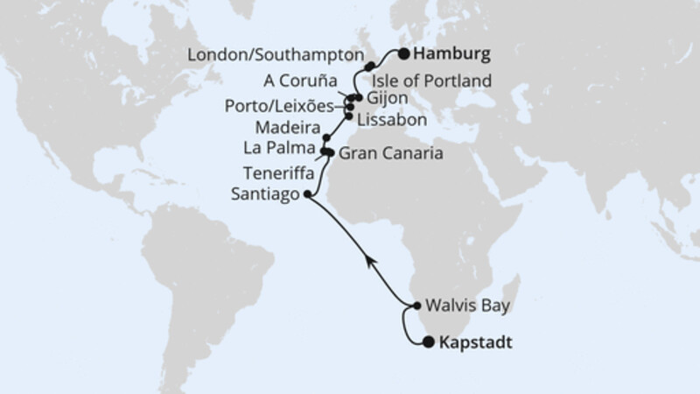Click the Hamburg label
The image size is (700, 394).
click(x=452, y=54)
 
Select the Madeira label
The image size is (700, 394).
click(x=289, y=126)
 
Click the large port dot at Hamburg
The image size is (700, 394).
click(x=404, y=54)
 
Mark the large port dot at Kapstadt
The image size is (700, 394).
click(x=428, y=342)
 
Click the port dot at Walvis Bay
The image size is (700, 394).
click(x=415, y=306)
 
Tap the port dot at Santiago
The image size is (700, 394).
click(x=305, y=195)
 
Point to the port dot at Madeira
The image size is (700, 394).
click(x=326, y=137)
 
